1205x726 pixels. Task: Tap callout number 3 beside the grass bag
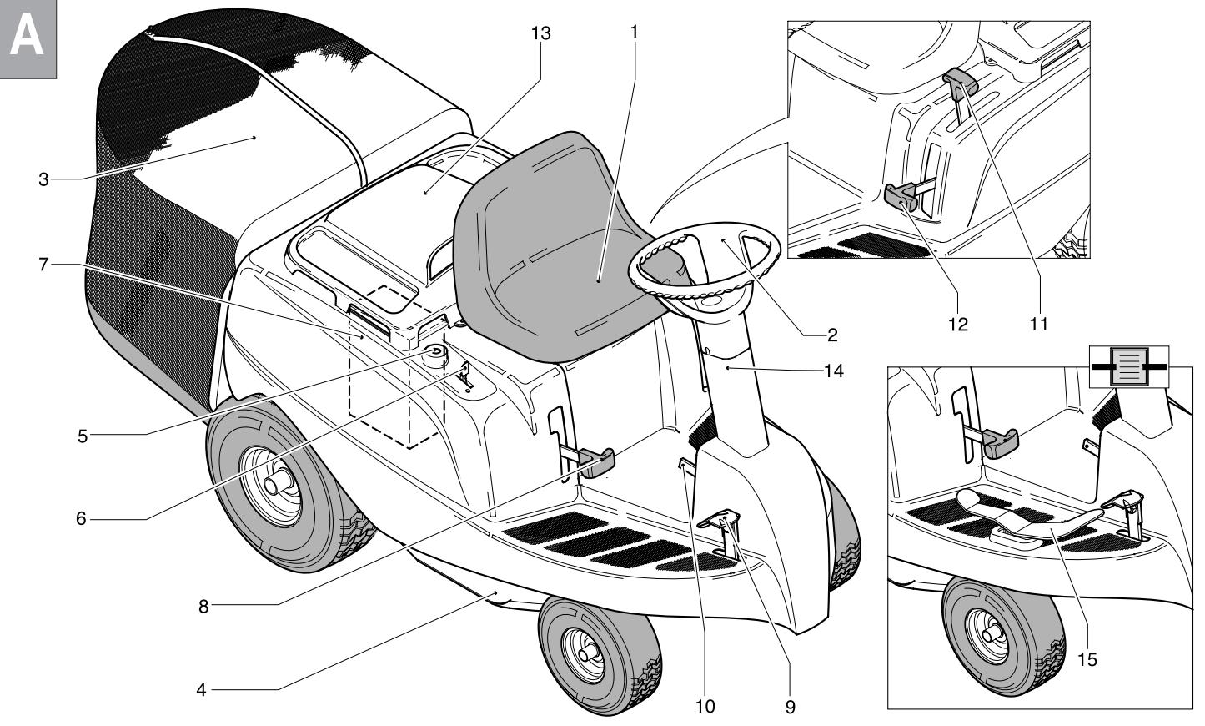click(43, 179)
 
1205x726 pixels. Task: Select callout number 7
click(43, 265)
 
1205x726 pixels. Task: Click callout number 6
click(81, 518)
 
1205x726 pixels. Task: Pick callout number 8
click(203, 607)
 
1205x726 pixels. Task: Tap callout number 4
click(201, 690)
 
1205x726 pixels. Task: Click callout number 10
click(705, 707)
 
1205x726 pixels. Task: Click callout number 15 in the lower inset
click(1086, 658)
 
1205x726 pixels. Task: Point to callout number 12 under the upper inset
click(958, 324)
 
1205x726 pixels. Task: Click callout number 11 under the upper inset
click(1037, 324)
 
